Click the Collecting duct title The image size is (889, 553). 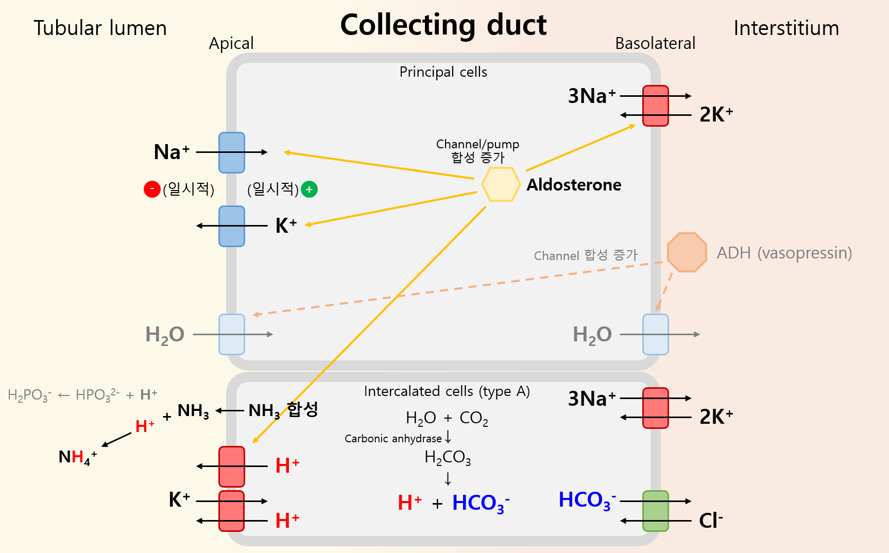click(443, 25)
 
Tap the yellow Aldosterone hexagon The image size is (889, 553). click(501, 184)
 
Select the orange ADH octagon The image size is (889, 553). click(687, 252)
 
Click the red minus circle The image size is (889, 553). click(152, 189)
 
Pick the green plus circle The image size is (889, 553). click(309, 189)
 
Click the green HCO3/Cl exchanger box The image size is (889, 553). click(655, 511)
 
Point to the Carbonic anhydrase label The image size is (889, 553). click(393, 439)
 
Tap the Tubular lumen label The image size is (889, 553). click(100, 28)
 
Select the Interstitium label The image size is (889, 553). click(786, 28)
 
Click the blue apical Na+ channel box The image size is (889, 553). click(232, 152)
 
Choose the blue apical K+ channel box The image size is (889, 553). click(232, 226)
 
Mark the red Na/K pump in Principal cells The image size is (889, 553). click(655, 106)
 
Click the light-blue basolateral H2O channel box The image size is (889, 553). click(655, 334)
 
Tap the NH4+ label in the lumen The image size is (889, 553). click(77, 457)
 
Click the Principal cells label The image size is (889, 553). click(443, 72)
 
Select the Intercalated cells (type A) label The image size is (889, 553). click(447, 392)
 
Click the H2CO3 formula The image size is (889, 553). click(448, 457)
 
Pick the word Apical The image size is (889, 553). click(231, 44)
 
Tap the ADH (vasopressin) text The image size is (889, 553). click(784, 253)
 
